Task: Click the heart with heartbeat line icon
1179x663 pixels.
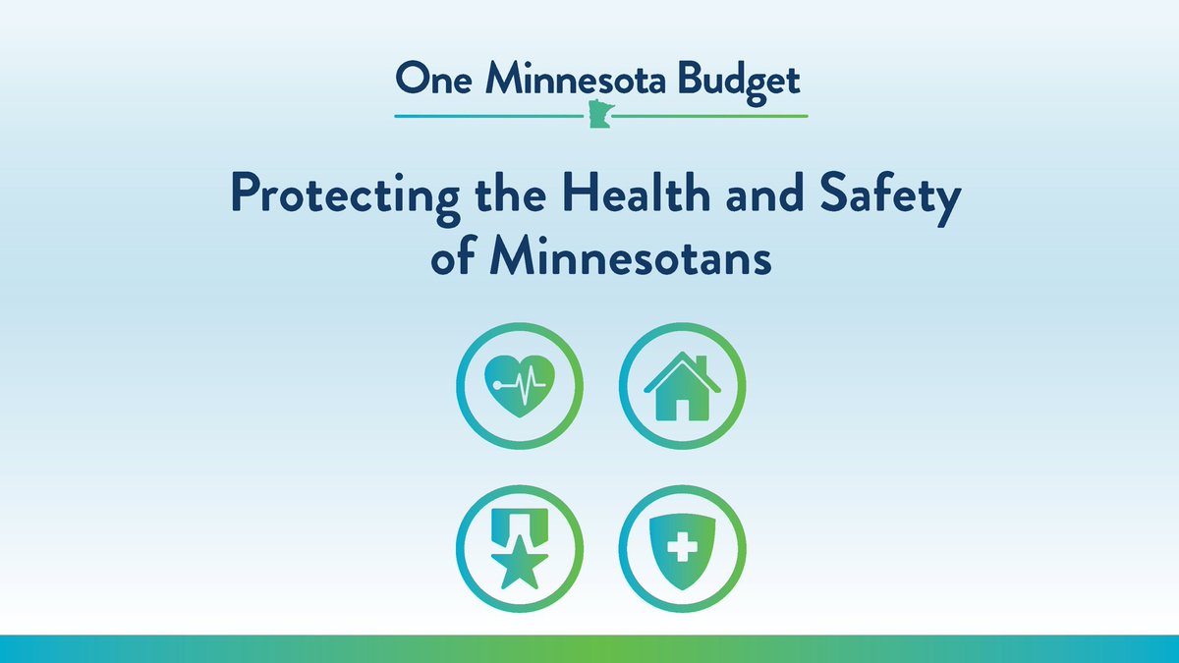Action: (520, 387)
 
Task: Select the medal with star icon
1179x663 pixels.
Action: (520, 547)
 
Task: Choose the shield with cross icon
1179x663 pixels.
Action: (682, 547)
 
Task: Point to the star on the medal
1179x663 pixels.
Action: (520, 565)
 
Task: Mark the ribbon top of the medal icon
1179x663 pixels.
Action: (520, 521)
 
